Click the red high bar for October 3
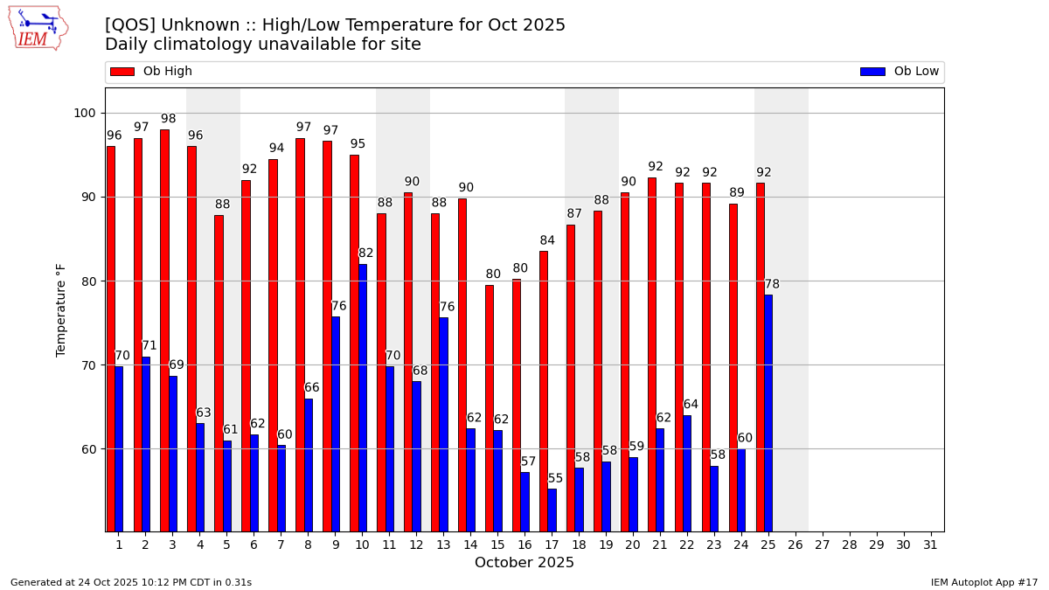coord(164,330)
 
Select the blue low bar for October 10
coord(363,398)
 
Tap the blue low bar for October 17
coord(552,510)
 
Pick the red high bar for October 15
coord(490,408)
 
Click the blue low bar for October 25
coord(768,413)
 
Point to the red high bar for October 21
coord(652,354)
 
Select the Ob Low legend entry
coord(900,72)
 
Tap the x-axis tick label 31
coord(930,545)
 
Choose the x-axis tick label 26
coord(795,545)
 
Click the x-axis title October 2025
coord(524,563)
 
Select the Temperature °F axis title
coord(61,309)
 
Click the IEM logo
coord(38,28)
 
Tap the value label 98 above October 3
coord(169,119)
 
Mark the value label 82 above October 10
coord(366,253)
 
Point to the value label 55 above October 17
coord(556,478)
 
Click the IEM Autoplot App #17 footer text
coord(984,582)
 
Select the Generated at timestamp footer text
coord(131,582)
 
